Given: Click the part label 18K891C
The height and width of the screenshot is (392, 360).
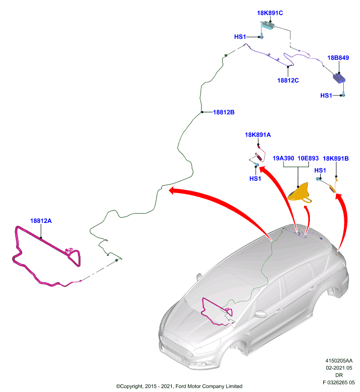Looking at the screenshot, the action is pyautogui.click(x=270, y=13).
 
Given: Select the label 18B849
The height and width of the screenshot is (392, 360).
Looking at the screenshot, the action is pyautogui.click(x=338, y=58).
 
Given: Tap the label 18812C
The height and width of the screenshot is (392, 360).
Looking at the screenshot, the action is pyautogui.click(x=288, y=80).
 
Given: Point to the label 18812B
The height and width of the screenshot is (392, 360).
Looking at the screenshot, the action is pyautogui.click(x=224, y=112).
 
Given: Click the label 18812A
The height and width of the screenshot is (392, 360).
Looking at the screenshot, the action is pyautogui.click(x=41, y=221).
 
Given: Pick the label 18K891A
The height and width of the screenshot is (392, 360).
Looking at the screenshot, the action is pyautogui.click(x=257, y=135).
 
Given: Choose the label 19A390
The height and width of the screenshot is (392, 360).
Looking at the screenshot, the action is pyautogui.click(x=283, y=158).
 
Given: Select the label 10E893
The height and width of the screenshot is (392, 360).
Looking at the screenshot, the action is pyautogui.click(x=308, y=158).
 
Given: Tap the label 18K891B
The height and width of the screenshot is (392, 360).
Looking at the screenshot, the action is pyautogui.click(x=336, y=158).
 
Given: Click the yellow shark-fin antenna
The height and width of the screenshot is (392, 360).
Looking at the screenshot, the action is pyautogui.click(x=300, y=194).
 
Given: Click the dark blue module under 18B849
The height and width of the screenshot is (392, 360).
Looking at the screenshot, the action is pyautogui.click(x=339, y=78).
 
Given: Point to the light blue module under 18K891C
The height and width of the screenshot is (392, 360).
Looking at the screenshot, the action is pyautogui.click(x=268, y=25).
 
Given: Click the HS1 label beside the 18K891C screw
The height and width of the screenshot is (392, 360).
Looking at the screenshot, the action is pyautogui.click(x=240, y=37).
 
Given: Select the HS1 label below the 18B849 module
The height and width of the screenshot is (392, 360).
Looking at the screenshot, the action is pyautogui.click(x=326, y=96).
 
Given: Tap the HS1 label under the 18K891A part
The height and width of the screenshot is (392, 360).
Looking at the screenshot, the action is pyautogui.click(x=255, y=178).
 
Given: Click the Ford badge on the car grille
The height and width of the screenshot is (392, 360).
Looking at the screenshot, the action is pyautogui.click(x=177, y=340).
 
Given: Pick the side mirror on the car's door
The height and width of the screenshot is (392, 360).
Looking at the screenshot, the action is pyautogui.click(x=260, y=314).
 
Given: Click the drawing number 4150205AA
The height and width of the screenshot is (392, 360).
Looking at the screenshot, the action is pyautogui.click(x=339, y=361).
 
